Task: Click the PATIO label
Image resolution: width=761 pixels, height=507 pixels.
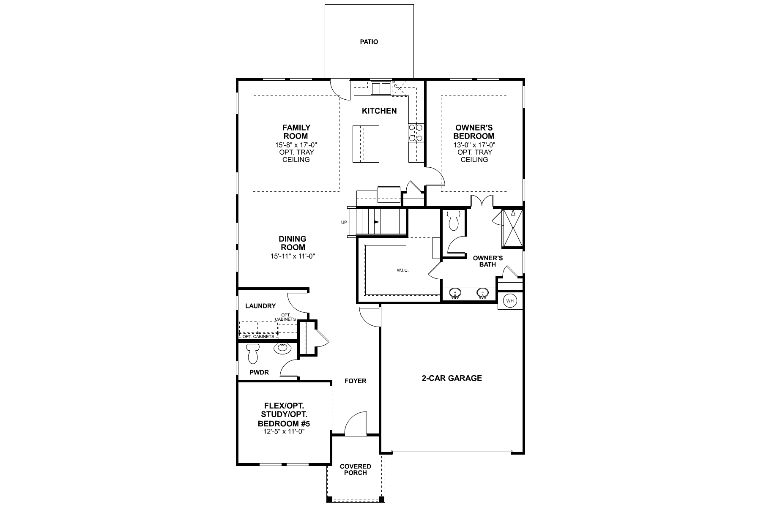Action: click(x=369, y=42)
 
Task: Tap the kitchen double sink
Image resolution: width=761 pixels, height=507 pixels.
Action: click(x=381, y=88)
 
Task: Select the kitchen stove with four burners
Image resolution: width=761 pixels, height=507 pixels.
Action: click(x=415, y=132)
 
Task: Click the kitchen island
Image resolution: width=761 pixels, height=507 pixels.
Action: click(x=366, y=144)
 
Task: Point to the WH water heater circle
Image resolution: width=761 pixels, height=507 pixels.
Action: click(x=510, y=301)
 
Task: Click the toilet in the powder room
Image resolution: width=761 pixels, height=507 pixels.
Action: click(x=253, y=353)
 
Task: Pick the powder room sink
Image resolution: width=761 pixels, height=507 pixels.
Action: click(x=282, y=349)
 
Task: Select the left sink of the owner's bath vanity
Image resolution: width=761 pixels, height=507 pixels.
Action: click(x=455, y=293)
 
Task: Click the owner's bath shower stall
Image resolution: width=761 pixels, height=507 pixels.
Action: click(x=512, y=228)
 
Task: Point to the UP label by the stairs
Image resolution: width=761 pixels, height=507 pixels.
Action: click(x=344, y=222)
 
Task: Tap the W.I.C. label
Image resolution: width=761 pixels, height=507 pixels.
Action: click(x=402, y=270)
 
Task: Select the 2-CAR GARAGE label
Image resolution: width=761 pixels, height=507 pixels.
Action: click(x=452, y=378)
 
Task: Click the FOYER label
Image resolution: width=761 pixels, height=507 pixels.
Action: click(x=356, y=381)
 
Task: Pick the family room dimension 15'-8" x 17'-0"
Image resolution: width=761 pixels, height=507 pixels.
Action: click(x=296, y=144)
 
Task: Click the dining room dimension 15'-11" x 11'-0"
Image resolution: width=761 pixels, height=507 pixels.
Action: click(x=293, y=256)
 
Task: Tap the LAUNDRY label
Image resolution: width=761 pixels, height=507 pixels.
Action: click(x=260, y=306)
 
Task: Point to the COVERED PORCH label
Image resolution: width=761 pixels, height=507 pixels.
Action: click(x=356, y=469)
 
